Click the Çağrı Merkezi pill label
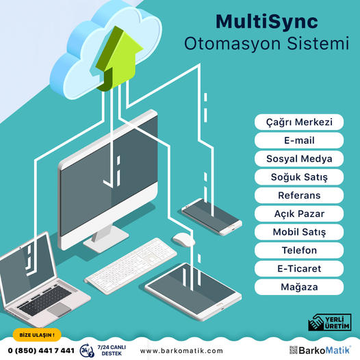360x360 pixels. tap(299, 122)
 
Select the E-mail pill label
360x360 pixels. tap(299, 140)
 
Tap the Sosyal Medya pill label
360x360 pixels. tap(299, 159)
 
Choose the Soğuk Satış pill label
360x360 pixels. tap(299, 177)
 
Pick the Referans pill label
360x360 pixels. tap(299, 195)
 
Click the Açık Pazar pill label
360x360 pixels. tap(299, 214)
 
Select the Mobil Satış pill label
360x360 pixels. tap(299, 232)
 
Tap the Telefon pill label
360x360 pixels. tap(299, 250)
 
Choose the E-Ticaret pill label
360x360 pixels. tap(299, 268)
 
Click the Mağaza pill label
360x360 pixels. tap(299, 287)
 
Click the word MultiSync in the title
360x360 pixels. tap(266, 23)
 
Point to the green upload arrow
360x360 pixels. tap(117, 60)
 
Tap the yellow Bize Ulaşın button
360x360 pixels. tap(37, 335)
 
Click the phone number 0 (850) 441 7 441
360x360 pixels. tap(41, 350)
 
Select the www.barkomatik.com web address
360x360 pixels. tap(181, 351)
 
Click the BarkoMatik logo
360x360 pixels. tap(320, 350)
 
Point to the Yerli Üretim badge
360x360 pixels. tap(330, 322)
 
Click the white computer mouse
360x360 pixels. tap(183, 240)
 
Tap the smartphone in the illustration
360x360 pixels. tap(211, 216)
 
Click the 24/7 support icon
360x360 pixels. tap(87, 350)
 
